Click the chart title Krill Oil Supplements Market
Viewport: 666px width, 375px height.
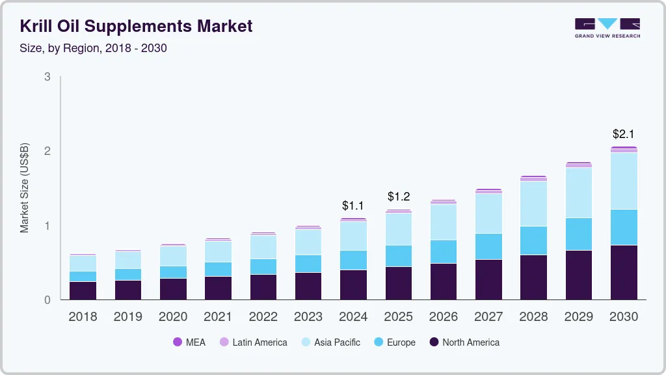[136, 26]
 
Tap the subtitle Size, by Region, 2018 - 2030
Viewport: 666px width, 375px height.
[93, 48]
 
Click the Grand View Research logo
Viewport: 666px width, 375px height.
[607, 28]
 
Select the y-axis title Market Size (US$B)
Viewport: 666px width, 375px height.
[25, 187]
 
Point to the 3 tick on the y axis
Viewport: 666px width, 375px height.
[47, 77]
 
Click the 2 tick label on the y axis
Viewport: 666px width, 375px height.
[47, 151]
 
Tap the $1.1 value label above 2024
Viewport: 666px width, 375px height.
[353, 206]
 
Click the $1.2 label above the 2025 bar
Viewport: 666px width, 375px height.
[399, 197]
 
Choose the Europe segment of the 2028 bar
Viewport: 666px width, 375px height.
[534, 240]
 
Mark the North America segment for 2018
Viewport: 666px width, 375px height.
[83, 290]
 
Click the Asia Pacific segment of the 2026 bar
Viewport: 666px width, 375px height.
[444, 222]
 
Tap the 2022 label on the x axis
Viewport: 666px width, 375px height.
[263, 317]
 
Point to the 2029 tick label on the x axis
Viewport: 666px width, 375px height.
[579, 317]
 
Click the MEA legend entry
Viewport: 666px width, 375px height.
[189, 342]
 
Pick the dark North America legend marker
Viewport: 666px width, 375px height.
[433, 342]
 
